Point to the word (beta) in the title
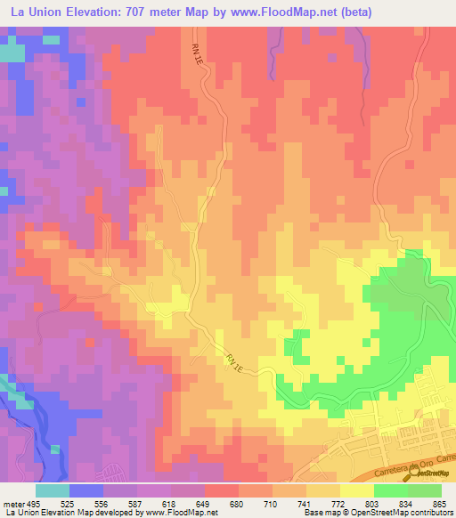pos(354,12)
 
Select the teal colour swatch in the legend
pos(52,490)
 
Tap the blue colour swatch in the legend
pos(85,490)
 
